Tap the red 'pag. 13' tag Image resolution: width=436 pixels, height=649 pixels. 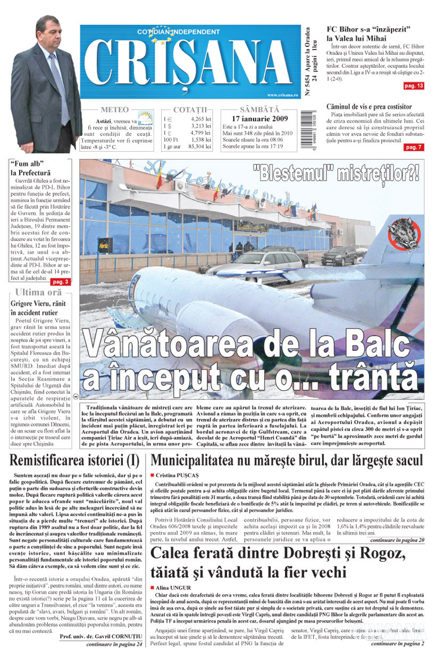point(414,86)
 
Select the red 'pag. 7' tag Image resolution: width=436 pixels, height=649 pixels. point(414,147)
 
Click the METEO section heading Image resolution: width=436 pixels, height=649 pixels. point(114,110)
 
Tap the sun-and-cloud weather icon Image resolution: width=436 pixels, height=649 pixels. point(144,118)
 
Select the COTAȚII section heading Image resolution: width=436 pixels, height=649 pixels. point(189,110)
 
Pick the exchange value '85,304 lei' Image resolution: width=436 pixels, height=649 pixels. point(200,146)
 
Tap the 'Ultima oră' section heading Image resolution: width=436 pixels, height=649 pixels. point(39,292)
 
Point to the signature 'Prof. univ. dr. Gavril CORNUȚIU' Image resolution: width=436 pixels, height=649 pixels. point(100,636)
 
